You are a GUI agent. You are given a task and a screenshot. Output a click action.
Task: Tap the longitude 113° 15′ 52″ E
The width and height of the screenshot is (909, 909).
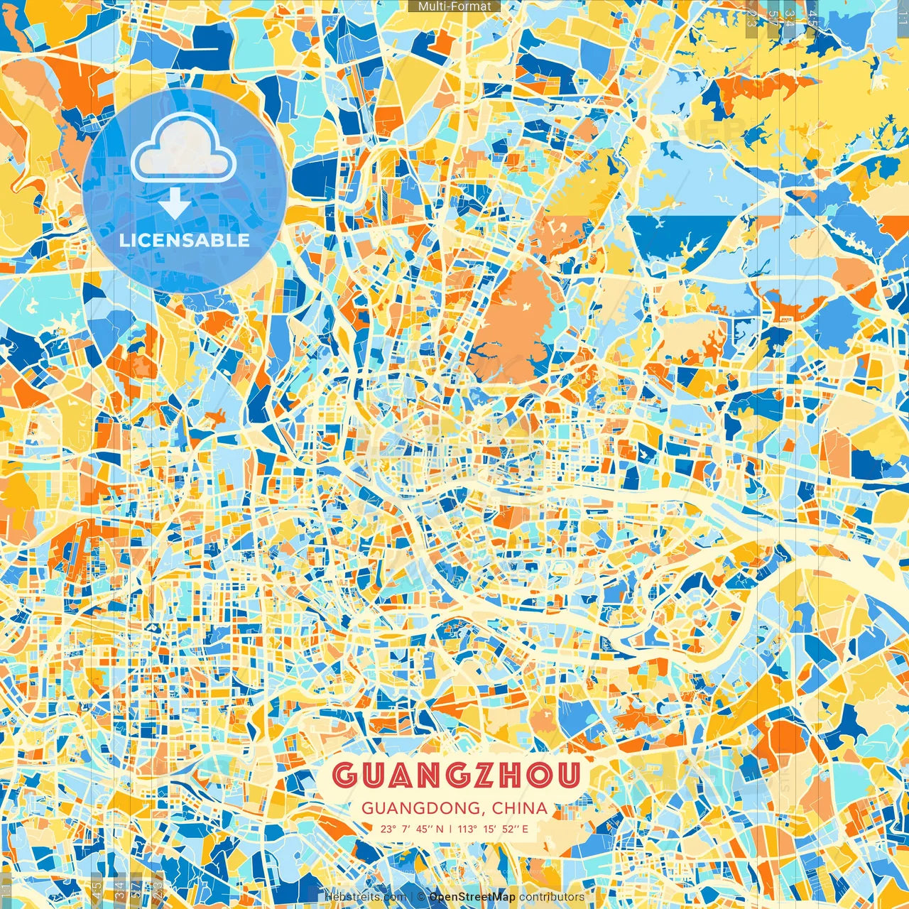[x=492, y=829]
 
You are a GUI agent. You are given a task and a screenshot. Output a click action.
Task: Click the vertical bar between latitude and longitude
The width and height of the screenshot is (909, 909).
[x=450, y=829]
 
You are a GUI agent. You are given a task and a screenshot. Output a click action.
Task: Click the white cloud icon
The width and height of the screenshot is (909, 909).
[x=183, y=149]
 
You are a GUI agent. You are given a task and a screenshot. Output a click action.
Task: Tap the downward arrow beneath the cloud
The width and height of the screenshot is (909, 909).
[x=175, y=205]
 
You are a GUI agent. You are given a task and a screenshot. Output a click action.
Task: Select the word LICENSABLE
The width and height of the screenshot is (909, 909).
[x=185, y=240]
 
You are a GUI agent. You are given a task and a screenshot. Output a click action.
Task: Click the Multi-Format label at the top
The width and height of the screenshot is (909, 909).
[x=454, y=6]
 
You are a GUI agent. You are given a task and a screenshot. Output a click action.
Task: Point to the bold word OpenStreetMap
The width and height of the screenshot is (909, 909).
[x=472, y=897]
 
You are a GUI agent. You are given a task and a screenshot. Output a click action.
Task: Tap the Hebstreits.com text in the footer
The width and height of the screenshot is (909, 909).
[x=365, y=897]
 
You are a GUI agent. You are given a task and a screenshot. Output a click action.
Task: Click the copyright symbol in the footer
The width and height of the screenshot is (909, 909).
[x=420, y=897]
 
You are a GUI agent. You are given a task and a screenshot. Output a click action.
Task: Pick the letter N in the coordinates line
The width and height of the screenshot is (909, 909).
[x=440, y=829]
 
